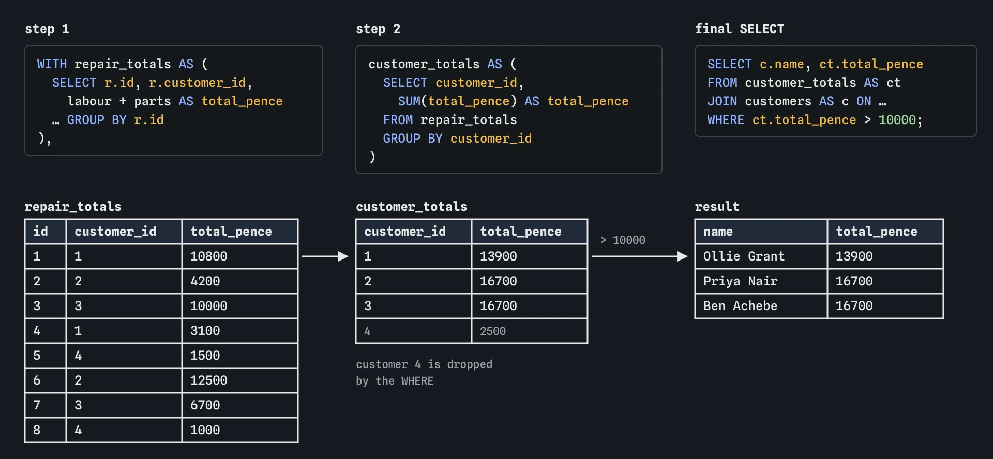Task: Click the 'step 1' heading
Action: click(47, 29)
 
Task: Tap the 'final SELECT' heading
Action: click(740, 29)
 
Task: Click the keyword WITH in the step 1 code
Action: click(52, 64)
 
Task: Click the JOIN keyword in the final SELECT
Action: click(722, 101)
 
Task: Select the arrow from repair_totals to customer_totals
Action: click(325, 256)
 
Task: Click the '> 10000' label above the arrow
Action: click(623, 240)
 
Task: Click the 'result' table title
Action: click(717, 207)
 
